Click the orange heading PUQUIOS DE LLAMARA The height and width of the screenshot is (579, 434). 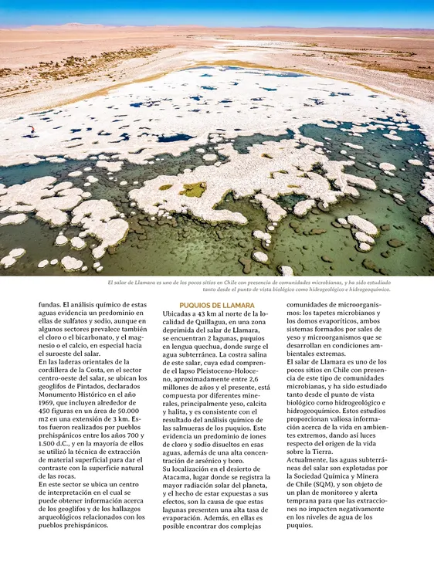click(x=212, y=306)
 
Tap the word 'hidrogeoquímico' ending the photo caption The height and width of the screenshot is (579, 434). click(x=366, y=290)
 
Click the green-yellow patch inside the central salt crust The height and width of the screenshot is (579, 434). click(x=194, y=189)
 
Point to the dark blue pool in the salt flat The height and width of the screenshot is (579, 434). click(x=175, y=138)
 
